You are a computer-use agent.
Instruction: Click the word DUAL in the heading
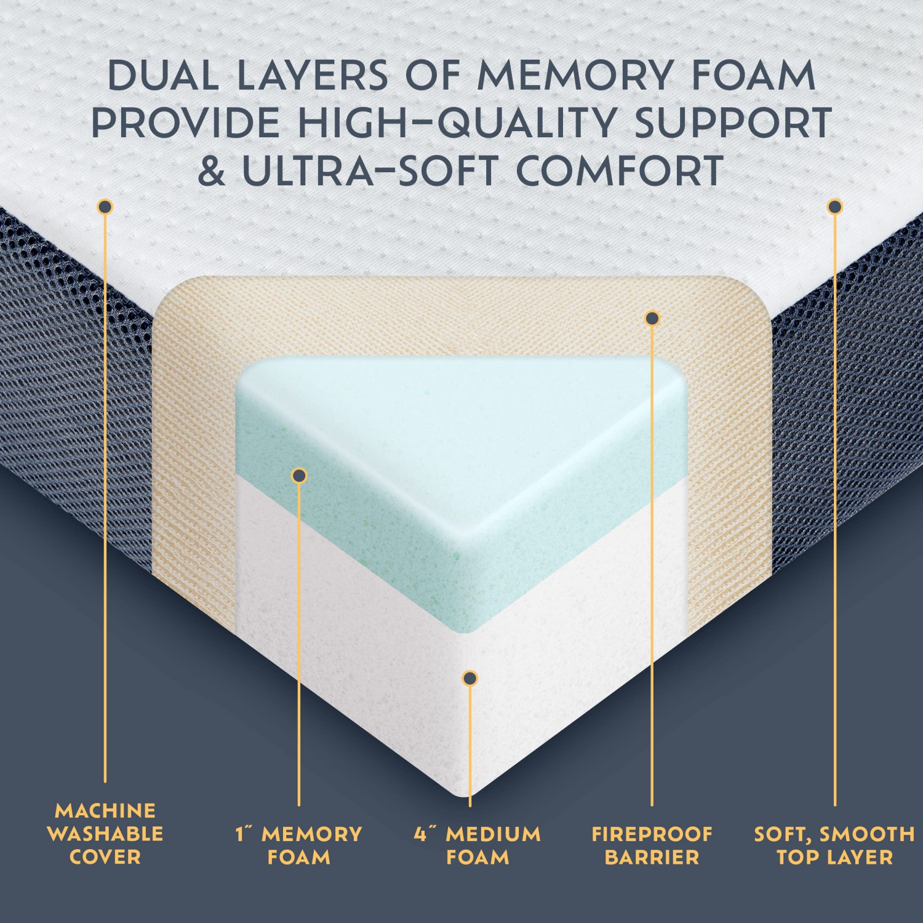coord(162,76)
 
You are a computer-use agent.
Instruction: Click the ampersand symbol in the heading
coord(212,171)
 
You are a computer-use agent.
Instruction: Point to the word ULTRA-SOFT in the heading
coord(369,171)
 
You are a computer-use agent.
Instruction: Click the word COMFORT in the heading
coord(620,171)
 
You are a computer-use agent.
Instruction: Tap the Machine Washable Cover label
coord(105,833)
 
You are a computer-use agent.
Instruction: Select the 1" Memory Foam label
coord(299,845)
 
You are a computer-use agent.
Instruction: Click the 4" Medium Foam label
coord(477,845)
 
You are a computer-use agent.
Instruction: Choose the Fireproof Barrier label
coord(652,845)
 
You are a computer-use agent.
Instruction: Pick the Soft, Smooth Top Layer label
coord(834,845)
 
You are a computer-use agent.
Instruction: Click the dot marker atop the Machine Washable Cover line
coord(105,207)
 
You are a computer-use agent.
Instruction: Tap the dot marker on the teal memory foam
coord(299,475)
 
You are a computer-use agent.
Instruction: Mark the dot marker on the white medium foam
coord(470,678)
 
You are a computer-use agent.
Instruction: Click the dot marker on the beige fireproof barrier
coord(652,318)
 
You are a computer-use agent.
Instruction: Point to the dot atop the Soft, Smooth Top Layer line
coord(834,207)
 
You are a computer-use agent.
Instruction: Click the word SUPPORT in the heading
coord(733,123)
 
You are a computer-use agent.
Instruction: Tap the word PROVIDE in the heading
coord(185,123)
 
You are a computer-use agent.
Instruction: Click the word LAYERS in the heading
coord(313,76)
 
